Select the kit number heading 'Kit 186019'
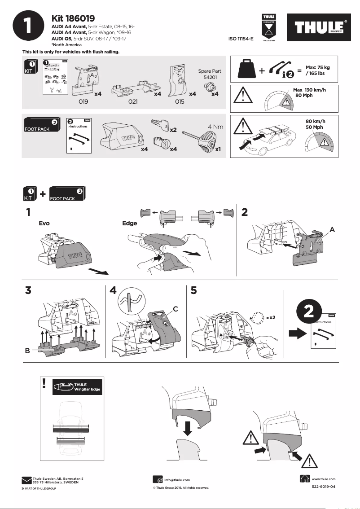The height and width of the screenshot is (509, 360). [73, 18]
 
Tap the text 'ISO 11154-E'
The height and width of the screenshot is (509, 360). [241, 39]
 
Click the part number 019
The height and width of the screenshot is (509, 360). [83, 102]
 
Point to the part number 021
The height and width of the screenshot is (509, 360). [132, 102]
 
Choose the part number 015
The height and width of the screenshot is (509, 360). [180, 102]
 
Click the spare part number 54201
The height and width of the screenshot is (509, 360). [208, 78]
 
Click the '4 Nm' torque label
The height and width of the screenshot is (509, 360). [215, 127]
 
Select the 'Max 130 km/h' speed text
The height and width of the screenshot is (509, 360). [309, 90]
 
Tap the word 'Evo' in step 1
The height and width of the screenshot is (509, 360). [44, 223]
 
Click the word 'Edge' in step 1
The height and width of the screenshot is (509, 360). [130, 223]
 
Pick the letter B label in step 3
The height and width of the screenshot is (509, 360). [27, 352]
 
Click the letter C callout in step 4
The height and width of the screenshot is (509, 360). [176, 308]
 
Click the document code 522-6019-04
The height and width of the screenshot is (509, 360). [323, 487]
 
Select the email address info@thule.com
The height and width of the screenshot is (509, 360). [177, 480]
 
